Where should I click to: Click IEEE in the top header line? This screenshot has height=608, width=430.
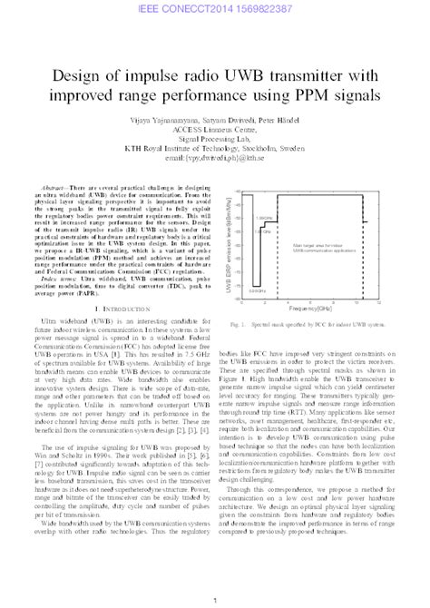click(x=154, y=8)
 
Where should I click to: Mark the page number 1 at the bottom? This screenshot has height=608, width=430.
click(x=215, y=599)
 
